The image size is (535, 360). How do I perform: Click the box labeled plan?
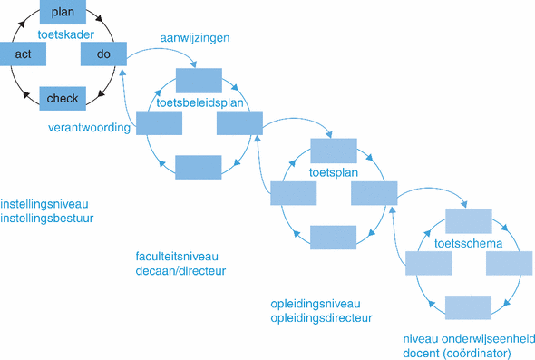pos(63,12)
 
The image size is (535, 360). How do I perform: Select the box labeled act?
pos(24,55)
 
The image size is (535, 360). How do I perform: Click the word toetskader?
pos(63,34)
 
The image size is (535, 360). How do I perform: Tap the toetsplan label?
pos(334,171)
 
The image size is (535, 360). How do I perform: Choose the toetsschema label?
pos(468,243)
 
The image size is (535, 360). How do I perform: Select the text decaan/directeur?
pos(180,270)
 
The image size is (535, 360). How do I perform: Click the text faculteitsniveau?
pos(177,256)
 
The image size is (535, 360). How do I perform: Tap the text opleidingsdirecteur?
pos(321,318)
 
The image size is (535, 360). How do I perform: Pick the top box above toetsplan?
pos(333,150)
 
